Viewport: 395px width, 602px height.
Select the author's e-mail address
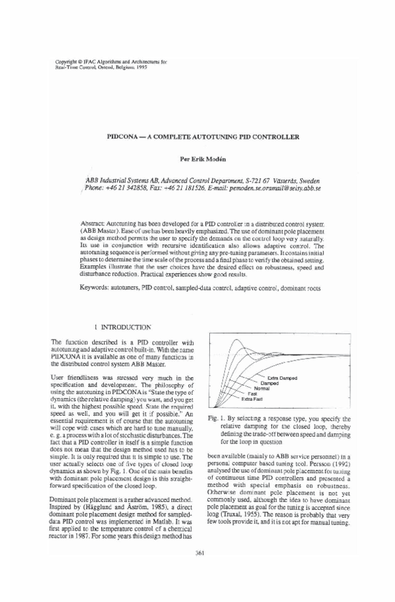click(275, 187)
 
